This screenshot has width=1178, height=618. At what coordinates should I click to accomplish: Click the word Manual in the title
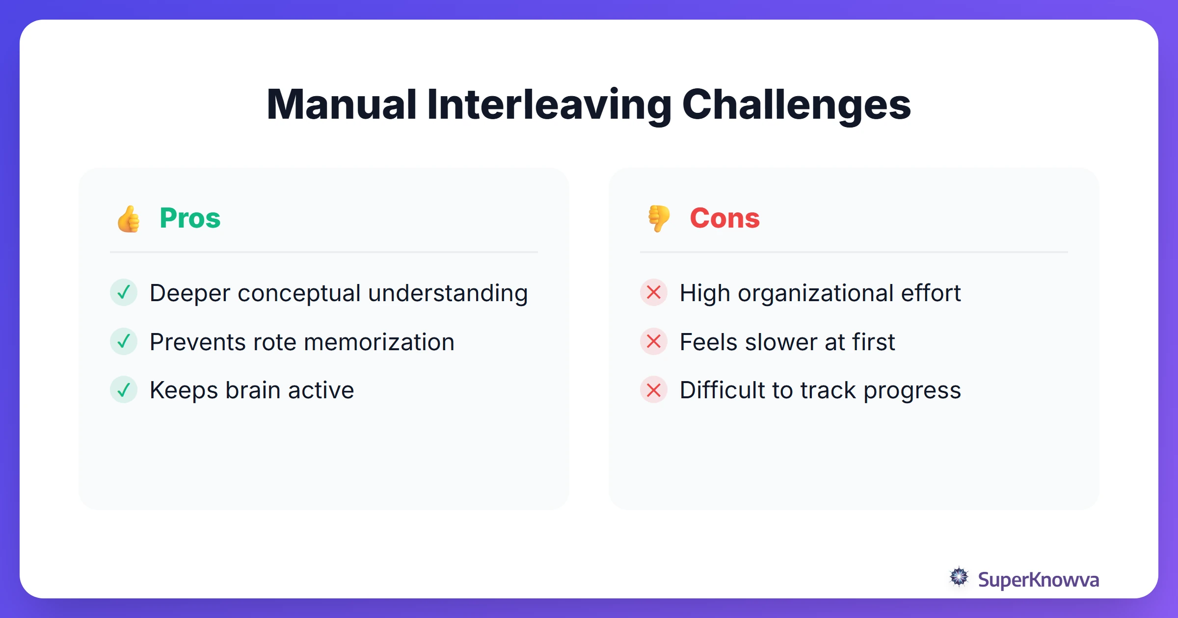342,104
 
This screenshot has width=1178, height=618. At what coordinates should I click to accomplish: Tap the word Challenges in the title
796,104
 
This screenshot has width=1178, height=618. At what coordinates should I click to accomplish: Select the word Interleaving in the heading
549,104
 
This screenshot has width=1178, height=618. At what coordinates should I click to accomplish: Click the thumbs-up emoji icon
129,219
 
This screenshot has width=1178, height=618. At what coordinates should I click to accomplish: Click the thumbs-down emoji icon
659,219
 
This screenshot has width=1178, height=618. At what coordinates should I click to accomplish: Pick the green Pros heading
190,218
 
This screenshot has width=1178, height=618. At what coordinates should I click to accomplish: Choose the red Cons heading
724,218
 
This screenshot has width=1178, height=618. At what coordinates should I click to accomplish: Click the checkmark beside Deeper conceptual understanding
124,292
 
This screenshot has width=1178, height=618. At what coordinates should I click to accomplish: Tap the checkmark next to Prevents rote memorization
124,341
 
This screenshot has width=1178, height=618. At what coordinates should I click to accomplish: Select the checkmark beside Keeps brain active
124,390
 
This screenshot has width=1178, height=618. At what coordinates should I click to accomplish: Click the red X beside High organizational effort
654,292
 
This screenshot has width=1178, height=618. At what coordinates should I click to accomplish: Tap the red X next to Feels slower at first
654,341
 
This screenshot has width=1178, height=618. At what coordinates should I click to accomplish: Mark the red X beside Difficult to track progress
654,390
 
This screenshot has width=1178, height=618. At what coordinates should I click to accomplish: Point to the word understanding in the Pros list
448,293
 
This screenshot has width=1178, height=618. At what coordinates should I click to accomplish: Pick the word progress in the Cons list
912,391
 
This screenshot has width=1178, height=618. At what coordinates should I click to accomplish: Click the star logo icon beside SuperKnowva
959,577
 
